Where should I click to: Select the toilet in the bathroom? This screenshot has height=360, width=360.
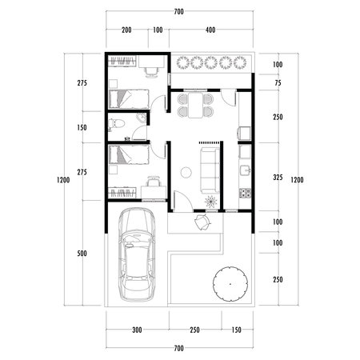(x=116, y=124)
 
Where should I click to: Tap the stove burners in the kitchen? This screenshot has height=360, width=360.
(x=245, y=193)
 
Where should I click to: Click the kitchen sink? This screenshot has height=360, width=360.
(x=245, y=170)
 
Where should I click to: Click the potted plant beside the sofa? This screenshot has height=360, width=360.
(x=210, y=199)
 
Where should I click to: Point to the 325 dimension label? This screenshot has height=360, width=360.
(x=277, y=177)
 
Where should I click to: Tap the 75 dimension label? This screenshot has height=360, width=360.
(x=277, y=82)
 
